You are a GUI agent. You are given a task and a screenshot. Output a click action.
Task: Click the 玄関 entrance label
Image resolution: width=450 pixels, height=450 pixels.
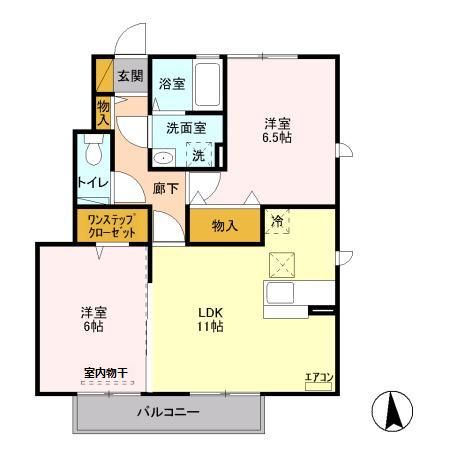[130, 76]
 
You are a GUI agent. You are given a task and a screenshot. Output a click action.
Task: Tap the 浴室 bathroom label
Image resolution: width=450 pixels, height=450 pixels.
[171, 84]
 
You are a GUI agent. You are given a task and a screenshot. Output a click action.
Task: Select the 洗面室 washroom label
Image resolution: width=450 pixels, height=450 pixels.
[186, 128]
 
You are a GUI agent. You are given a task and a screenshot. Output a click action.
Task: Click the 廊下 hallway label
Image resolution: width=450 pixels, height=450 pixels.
[166, 187]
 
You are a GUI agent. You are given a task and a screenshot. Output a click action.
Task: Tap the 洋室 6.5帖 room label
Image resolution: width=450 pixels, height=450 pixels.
[278, 131]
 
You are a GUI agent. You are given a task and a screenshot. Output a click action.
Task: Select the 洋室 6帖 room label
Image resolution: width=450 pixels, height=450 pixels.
[94, 317]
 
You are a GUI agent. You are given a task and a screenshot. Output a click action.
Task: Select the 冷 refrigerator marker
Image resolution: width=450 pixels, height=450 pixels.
[277, 222]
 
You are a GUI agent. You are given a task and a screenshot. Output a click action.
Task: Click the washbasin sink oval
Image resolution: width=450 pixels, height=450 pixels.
[164, 158]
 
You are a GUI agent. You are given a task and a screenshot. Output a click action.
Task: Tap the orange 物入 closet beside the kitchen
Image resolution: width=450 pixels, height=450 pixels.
[224, 226]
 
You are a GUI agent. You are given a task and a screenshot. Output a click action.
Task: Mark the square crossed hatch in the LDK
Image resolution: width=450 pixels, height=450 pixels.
[281, 264]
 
